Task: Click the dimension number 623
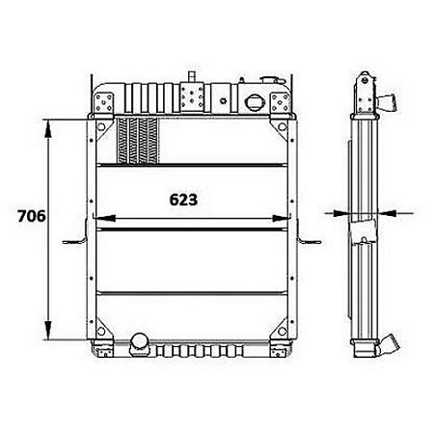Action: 183,201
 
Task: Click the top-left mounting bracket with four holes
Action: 103,101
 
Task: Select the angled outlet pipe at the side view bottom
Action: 393,342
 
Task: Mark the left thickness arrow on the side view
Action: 337,212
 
